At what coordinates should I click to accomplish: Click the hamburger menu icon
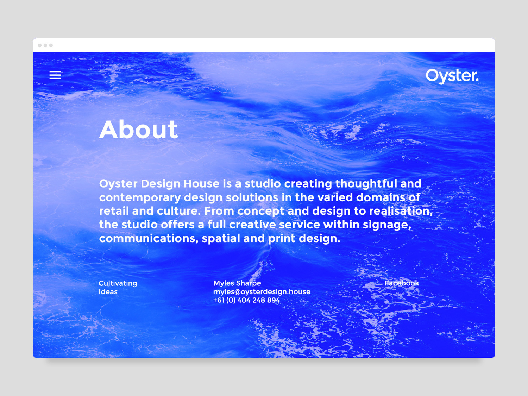[55, 75]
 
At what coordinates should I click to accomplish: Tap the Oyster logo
[452, 76]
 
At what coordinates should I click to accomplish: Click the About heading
[139, 130]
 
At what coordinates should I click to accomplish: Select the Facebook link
[402, 283]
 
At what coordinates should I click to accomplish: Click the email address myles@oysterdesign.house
[262, 292]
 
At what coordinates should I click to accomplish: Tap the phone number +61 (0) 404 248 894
[246, 300]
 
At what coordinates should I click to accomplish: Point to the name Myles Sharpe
[237, 283]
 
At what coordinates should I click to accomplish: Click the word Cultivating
[118, 283]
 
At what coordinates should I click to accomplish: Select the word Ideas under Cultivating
[108, 292]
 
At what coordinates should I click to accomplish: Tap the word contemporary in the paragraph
[140, 198]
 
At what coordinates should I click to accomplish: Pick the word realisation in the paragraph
[401, 211]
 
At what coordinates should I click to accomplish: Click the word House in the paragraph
[202, 184]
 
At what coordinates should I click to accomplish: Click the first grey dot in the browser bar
[40, 45]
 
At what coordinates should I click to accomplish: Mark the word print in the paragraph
[282, 239]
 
